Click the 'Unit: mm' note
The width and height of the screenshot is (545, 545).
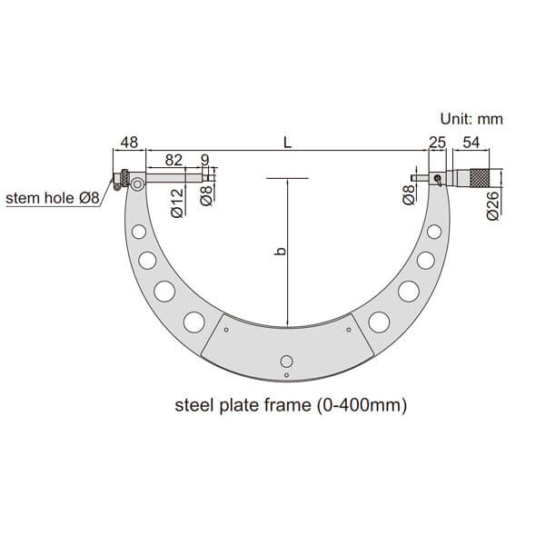pos(471,119)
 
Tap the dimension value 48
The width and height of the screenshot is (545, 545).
pos(129,143)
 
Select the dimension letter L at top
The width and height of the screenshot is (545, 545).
pos(287,143)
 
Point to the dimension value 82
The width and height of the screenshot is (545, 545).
pos(173,160)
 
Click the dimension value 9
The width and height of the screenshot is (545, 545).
pos(205,160)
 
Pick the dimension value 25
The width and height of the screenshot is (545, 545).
pos(437,143)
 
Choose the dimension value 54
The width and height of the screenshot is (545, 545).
pos(471,143)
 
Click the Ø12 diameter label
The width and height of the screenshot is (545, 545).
pos(177,203)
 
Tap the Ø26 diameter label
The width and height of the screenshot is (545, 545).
pos(493,205)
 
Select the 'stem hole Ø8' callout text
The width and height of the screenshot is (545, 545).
pos(53,198)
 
